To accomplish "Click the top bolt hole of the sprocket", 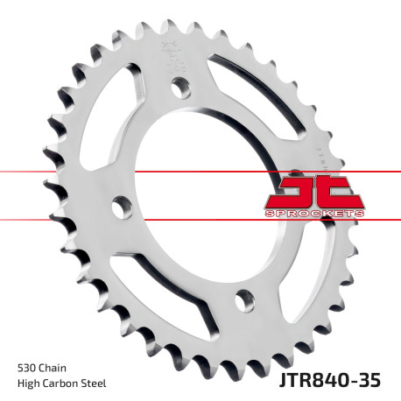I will point(181,88).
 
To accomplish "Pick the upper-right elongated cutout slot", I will point(254,96).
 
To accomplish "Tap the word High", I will point(30,383).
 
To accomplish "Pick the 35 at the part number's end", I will point(373,380).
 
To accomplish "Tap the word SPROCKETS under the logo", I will point(312,214).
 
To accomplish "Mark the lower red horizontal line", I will point(53,220).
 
